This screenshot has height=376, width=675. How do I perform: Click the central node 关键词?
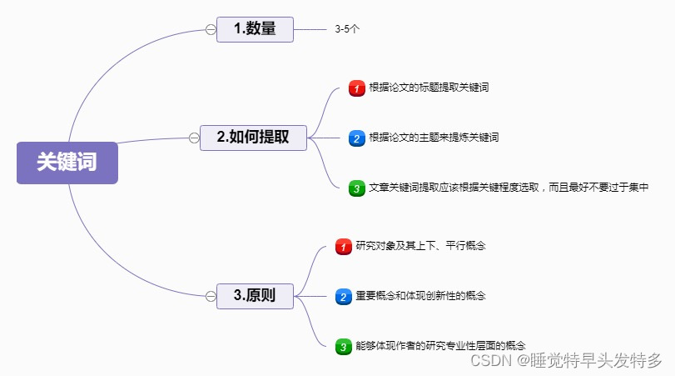pyautogui.click(x=67, y=163)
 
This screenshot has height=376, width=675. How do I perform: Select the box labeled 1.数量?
pyautogui.click(x=255, y=29)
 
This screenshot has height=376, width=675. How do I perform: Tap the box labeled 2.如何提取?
pyautogui.click(x=253, y=138)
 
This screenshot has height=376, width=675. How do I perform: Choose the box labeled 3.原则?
pyautogui.click(x=255, y=296)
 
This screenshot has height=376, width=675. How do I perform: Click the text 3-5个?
pyautogui.click(x=347, y=29)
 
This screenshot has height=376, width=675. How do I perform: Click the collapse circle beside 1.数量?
pyautogui.click(x=211, y=30)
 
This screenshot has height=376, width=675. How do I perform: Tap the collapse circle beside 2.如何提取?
pyautogui.click(x=194, y=138)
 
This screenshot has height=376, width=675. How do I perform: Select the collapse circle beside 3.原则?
pyautogui.click(x=211, y=296)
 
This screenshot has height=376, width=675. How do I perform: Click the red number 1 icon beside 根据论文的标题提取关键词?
pyautogui.click(x=356, y=88)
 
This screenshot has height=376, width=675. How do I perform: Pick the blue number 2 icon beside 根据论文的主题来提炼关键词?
pyautogui.click(x=356, y=138)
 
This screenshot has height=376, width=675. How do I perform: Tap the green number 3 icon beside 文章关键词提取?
pyautogui.click(x=356, y=188)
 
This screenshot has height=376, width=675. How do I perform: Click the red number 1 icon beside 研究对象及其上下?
pyautogui.click(x=343, y=247)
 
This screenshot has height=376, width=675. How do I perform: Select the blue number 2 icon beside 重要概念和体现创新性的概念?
pyautogui.click(x=343, y=297)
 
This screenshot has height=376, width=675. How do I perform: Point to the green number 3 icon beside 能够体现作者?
pyautogui.click(x=343, y=346)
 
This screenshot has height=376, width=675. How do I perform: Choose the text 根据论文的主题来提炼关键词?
pyautogui.click(x=434, y=137)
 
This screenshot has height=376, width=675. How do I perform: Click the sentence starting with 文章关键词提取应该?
pyautogui.click(x=508, y=188)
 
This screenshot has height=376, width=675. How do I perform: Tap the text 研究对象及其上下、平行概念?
pyautogui.click(x=421, y=246)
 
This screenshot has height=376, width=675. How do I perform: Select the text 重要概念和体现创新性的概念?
pyautogui.click(x=421, y=296)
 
